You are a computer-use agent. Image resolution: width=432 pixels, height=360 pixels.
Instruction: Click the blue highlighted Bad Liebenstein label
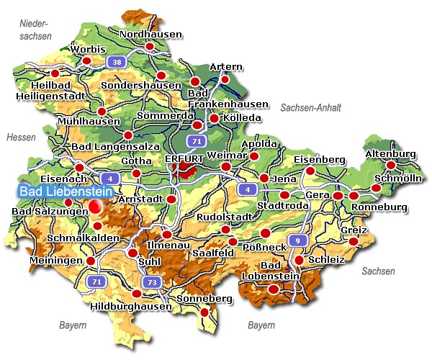pos(60,192)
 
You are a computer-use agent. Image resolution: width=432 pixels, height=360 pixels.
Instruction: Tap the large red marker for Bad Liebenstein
pos(95,207)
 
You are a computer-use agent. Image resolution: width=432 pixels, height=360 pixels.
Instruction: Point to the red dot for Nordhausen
pos(150,47)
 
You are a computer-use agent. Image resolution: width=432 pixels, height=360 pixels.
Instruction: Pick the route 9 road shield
pos(294,240)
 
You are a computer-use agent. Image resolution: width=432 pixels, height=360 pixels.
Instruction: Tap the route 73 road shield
pos(150,282)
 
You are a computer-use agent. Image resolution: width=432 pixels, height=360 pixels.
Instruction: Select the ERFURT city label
pos(185,158)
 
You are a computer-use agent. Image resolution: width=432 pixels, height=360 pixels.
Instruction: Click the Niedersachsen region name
pos(35,30)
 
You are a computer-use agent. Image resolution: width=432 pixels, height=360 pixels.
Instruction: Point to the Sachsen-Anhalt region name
pos(310,107)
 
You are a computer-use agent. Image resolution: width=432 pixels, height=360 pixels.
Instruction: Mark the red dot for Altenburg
pos(391,166)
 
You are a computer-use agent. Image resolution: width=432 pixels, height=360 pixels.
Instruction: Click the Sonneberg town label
pos(206,299)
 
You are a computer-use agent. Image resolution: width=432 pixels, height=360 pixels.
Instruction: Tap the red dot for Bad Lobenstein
pos(274,289)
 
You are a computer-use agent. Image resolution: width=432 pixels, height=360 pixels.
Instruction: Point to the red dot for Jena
pos(264,178)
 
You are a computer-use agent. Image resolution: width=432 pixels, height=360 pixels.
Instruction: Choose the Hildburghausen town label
pos(132,306)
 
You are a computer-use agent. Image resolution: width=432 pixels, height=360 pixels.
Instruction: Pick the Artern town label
pos(225,68)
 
